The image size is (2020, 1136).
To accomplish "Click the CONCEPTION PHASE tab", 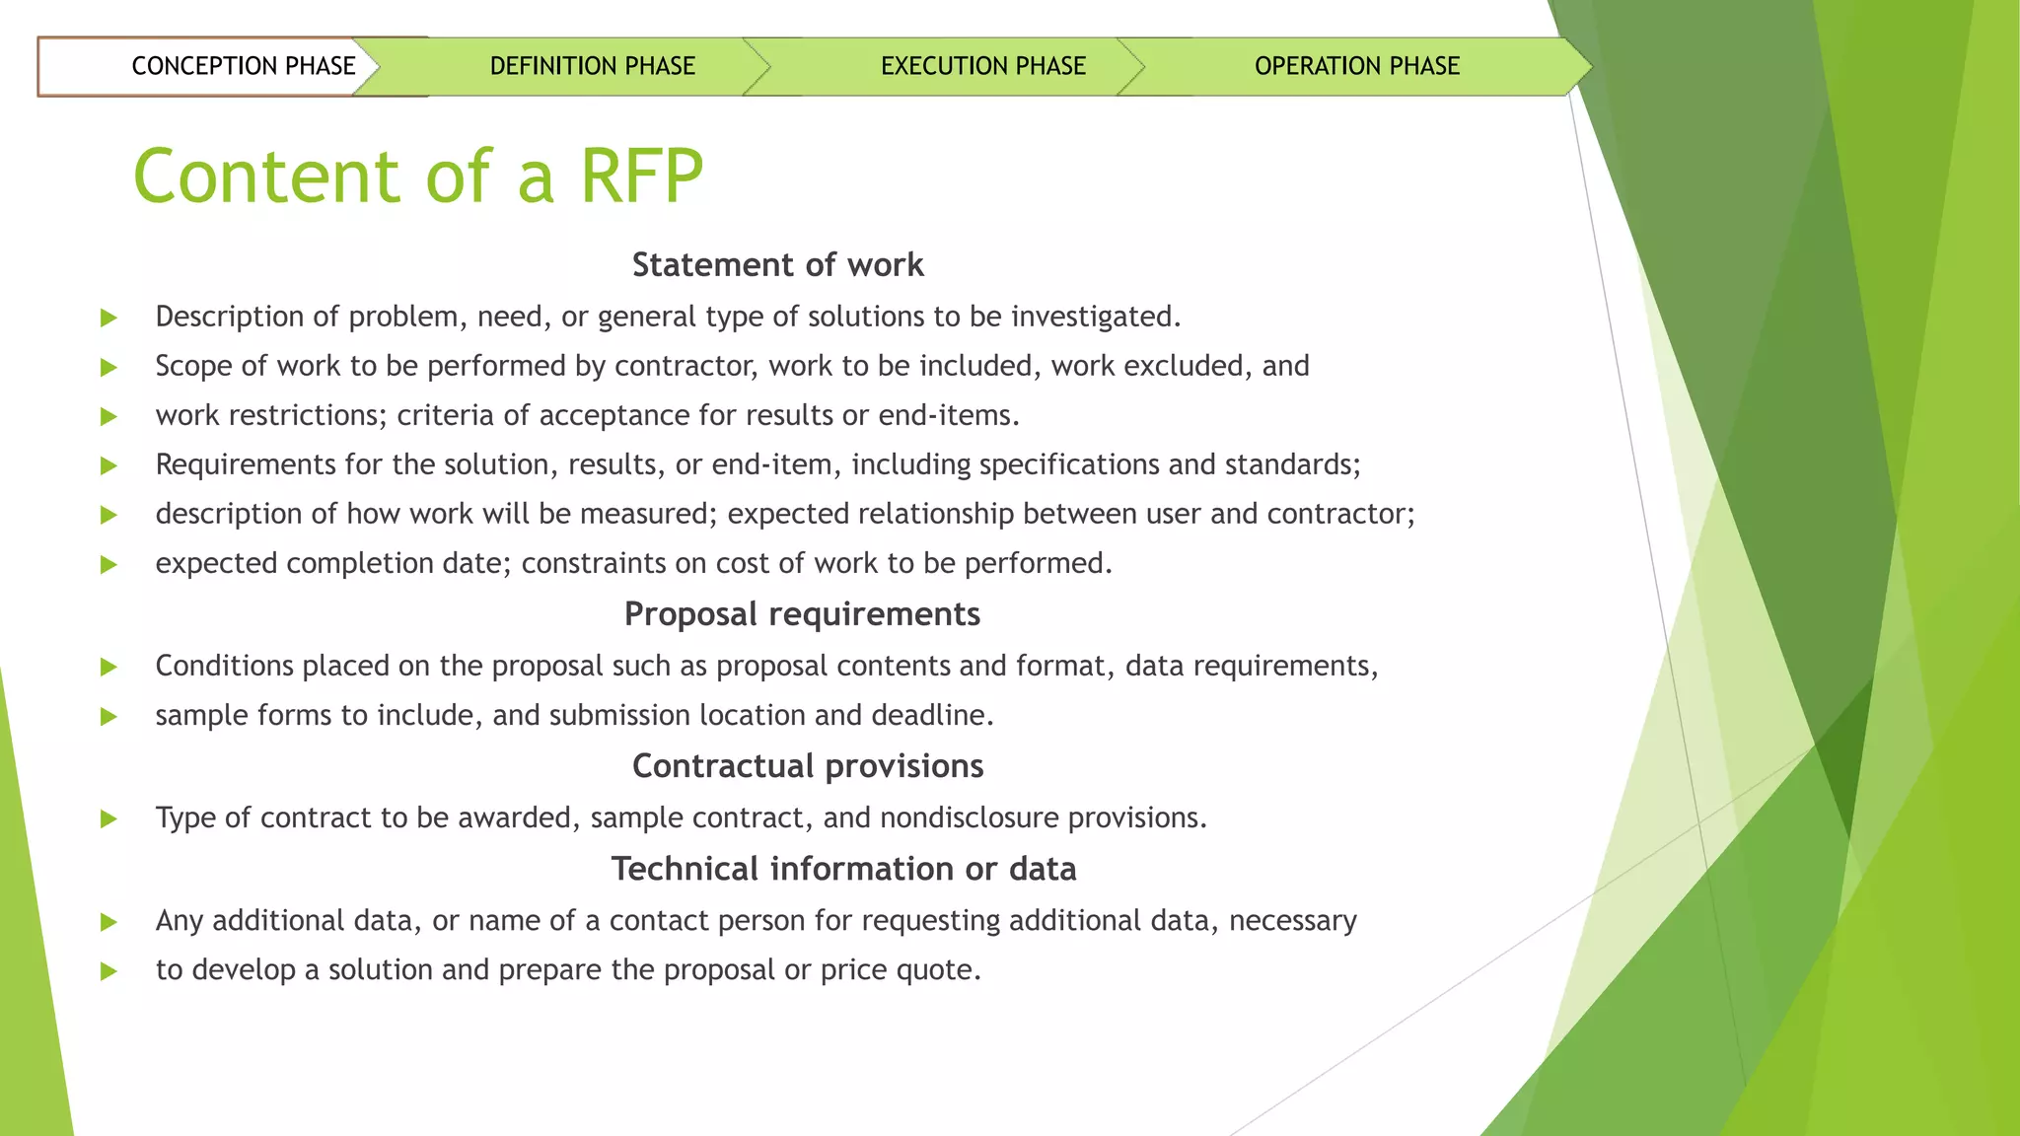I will point(243,66).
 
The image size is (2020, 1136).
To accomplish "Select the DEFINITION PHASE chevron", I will point(592,66).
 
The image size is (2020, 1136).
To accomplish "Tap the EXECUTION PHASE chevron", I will point(982,66).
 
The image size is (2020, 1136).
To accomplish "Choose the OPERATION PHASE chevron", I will point(1356,66).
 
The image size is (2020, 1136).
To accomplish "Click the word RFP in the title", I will point(641,177).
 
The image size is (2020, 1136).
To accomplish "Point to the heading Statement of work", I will point(777,264).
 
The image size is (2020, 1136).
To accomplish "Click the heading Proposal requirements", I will point(802,614).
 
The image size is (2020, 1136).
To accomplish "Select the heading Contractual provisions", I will point(808,766).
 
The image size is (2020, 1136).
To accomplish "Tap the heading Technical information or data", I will point(843,869).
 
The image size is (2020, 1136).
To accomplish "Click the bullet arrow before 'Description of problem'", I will point(108,318).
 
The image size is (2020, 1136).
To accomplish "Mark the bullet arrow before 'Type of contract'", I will point(108,818).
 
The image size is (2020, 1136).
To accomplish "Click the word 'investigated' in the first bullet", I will point(1094,317).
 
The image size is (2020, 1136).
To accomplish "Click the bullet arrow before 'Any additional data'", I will point(108,922).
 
